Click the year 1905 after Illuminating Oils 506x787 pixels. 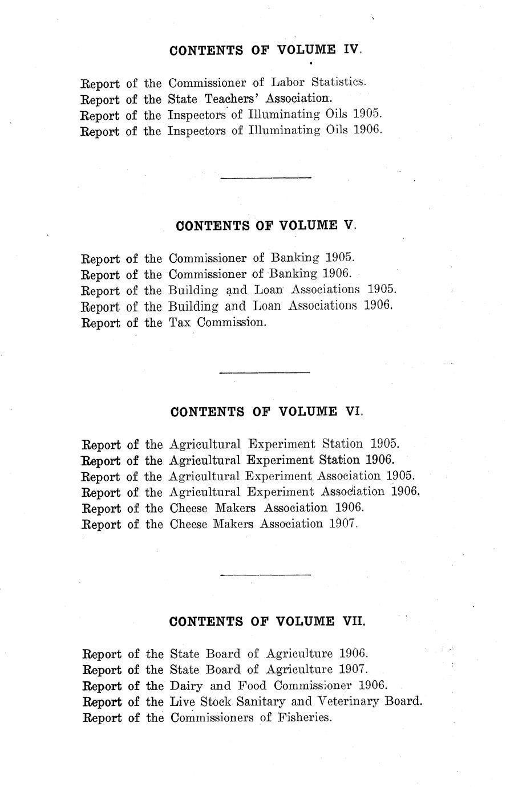click(x=366, y=114)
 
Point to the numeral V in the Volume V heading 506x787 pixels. click(x=349, y=225)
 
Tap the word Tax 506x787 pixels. click(x=180, y=322)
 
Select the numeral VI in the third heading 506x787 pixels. click(x=353, y=412)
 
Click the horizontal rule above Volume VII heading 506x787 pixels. click(x=265, y=575)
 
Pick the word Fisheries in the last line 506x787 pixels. click(x=305, y=717)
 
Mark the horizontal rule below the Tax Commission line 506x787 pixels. click(x=264, y=373)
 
